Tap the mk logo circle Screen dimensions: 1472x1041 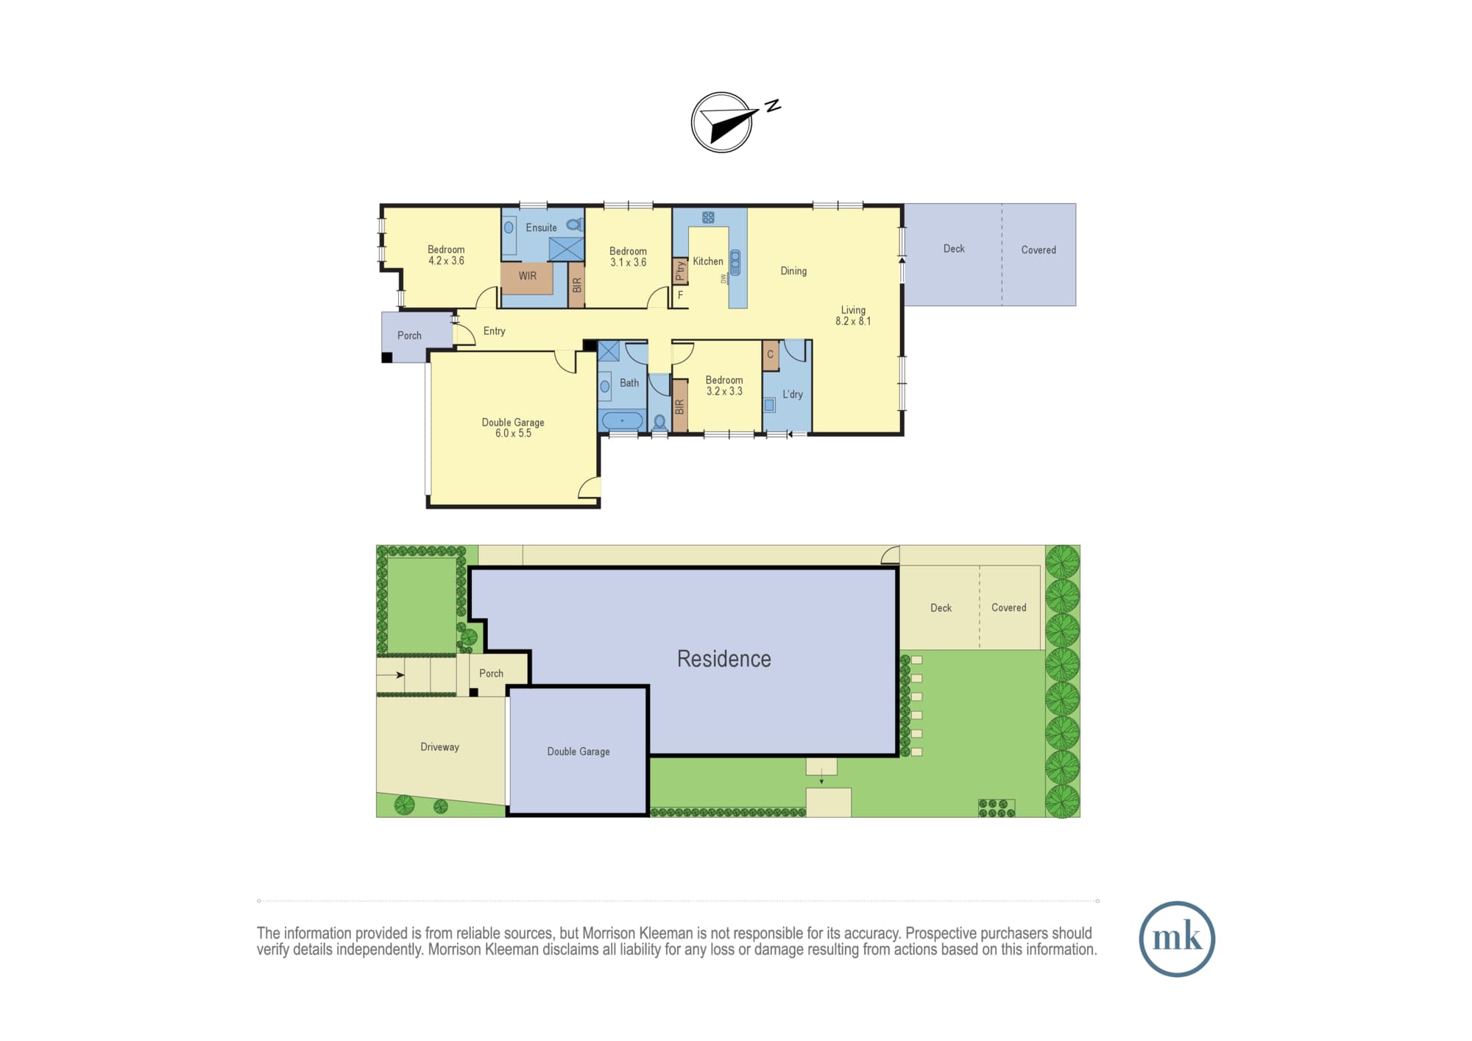pyautogui.click(x=1176, y=939)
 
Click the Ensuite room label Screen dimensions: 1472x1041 pyautogui.click(x=541, y=227)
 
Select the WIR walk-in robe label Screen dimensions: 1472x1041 pyautogui.click(x=527, y=276)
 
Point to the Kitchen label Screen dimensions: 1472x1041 pyautogui.click(x=708, y=261)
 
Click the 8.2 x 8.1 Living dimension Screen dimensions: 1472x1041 pyautogui.click(x=853, y=321)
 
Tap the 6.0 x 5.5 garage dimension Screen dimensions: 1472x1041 pyautogui.click(x=513, y=433)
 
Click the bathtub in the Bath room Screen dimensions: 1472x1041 pyautogui.click(x=623, y=421)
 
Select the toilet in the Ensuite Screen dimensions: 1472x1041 pyautogui.click(x=575, y=225)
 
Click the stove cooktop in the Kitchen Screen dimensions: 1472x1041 pyautogui.click(x=708, y=217)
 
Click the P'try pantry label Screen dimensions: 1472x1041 pyautogui.click(x=680, y=271)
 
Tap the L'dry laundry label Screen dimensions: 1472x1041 pyautogui.click(x=793, y=395)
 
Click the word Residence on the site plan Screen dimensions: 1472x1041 pyautogui.click(x=724, y=659)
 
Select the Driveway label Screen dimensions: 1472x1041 pyautogui.click(x=439, y=747)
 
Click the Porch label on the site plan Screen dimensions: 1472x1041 pyautogui.click(x=491, y=674)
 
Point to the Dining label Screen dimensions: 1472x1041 pyautogui.click(x=793, y=271)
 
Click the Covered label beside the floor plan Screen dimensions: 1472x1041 pyautogui.click(x=1038, y=250)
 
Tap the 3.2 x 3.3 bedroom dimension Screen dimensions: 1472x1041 pyautogui.click(x=724, y=391)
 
